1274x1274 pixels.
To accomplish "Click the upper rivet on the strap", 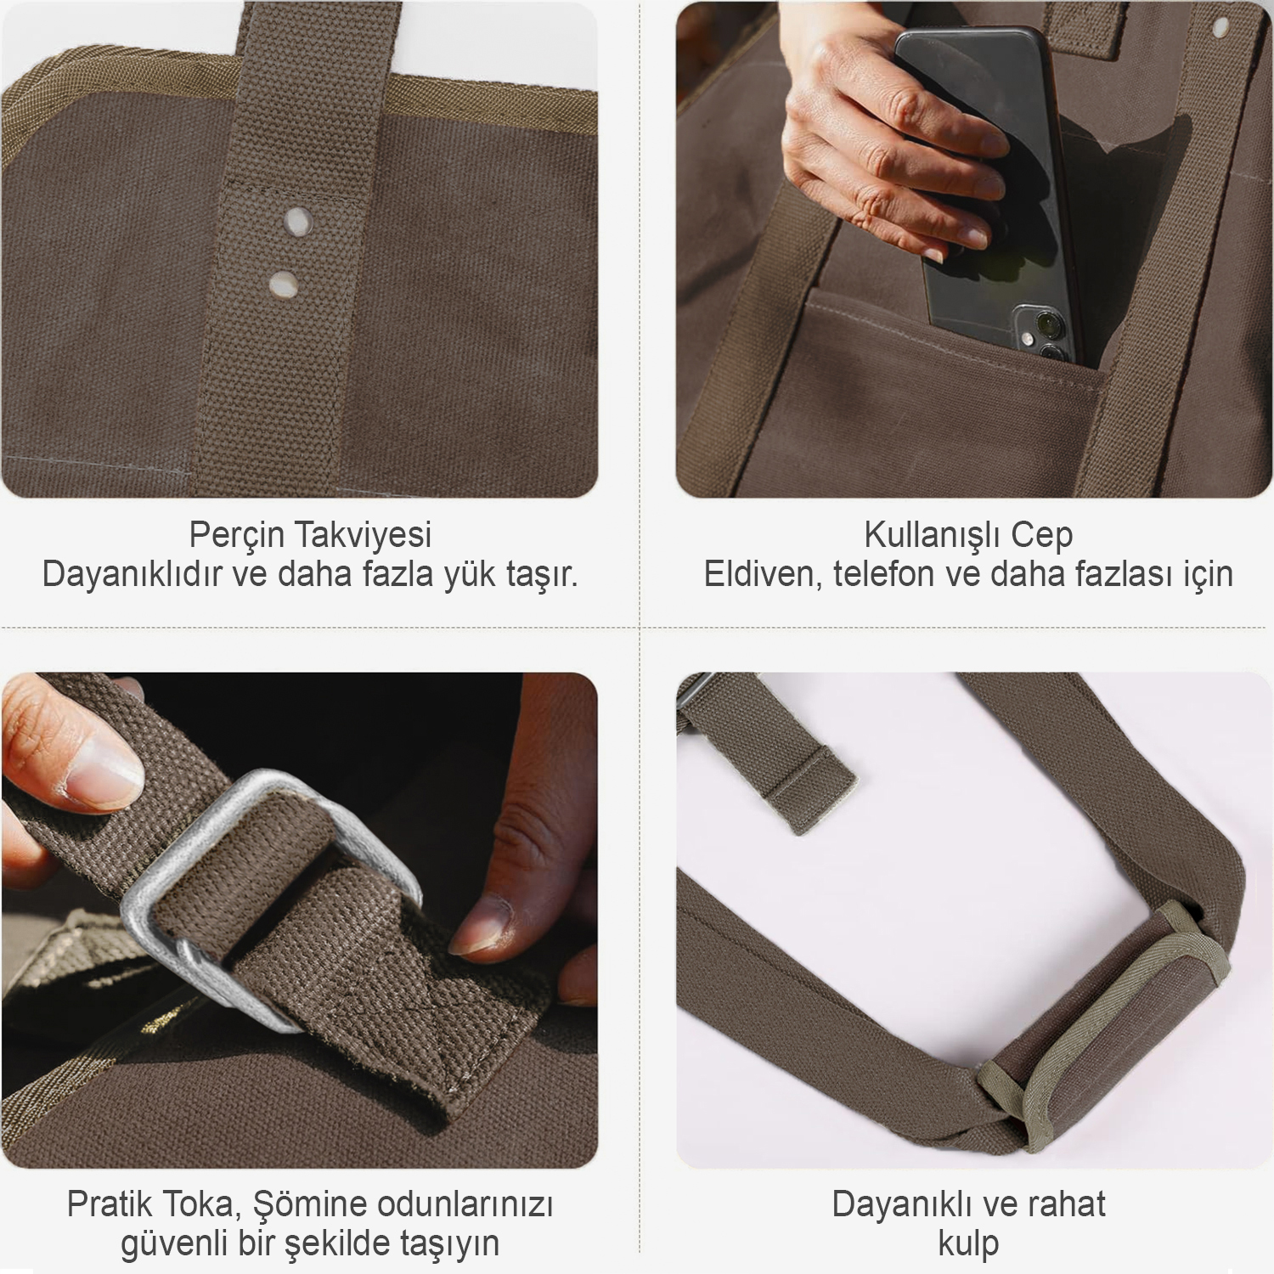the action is pos(296,221).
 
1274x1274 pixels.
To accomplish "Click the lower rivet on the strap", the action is pos(283,284).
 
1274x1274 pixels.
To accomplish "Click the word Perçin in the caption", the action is pos(237,536).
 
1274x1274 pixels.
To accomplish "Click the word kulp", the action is pos(968,1244).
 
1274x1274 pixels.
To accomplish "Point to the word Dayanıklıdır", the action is pos(132,575).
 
